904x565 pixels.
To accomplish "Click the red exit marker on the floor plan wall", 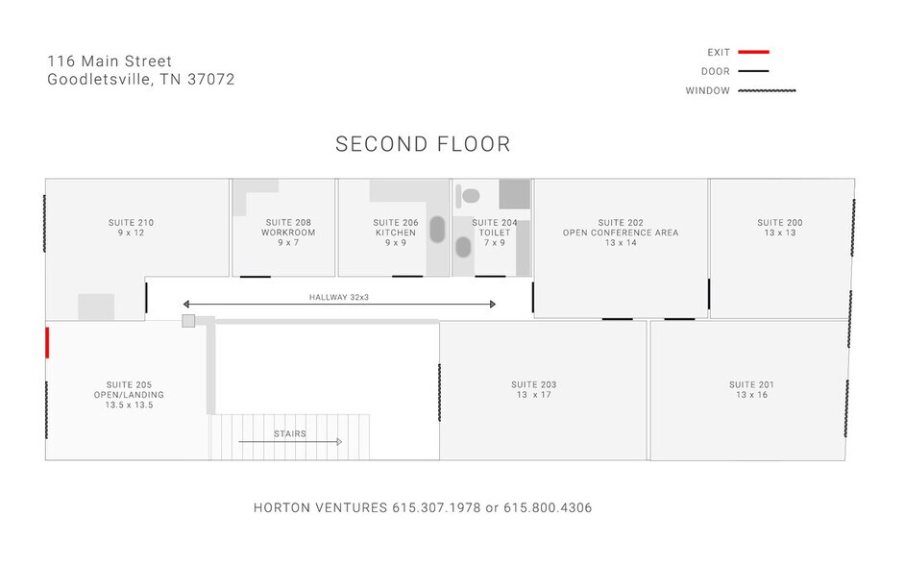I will pos(46,342).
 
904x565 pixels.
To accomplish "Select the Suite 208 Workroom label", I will pos(288,233).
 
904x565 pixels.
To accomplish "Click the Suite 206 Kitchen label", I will pos(396,233).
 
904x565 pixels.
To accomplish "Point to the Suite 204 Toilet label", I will pos(495,233).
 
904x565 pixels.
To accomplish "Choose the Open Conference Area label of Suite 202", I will pos(621,233).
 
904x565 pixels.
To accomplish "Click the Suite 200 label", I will pos(780,228).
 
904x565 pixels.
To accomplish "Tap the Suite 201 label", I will pos(751,390).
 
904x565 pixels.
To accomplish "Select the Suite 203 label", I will pos(534,390).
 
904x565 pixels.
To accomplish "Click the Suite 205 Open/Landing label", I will pos(129,394).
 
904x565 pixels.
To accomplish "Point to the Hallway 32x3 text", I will pos(339,298).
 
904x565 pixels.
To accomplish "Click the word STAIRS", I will pos(289,433).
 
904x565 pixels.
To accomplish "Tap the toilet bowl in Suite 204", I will pos(470,196).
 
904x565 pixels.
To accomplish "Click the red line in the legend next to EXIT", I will pos(754,52).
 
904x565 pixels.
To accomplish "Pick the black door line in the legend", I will pos(754,72).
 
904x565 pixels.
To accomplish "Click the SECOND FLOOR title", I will pos(423,145).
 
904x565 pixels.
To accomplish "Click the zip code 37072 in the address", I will pos(212,80).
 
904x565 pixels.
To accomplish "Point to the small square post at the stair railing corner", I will pos(188,320).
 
